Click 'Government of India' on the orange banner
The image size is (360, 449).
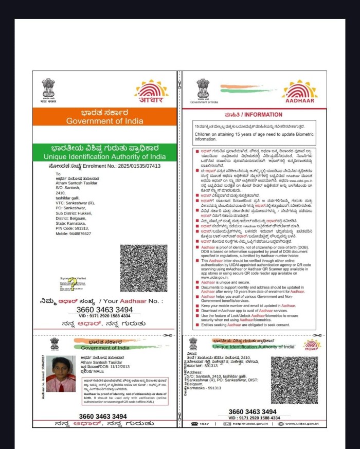point(104,121)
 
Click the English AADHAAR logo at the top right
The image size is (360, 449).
point(300,92)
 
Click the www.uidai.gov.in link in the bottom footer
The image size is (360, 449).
point(302,424)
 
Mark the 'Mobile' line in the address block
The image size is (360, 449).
point(74,234)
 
